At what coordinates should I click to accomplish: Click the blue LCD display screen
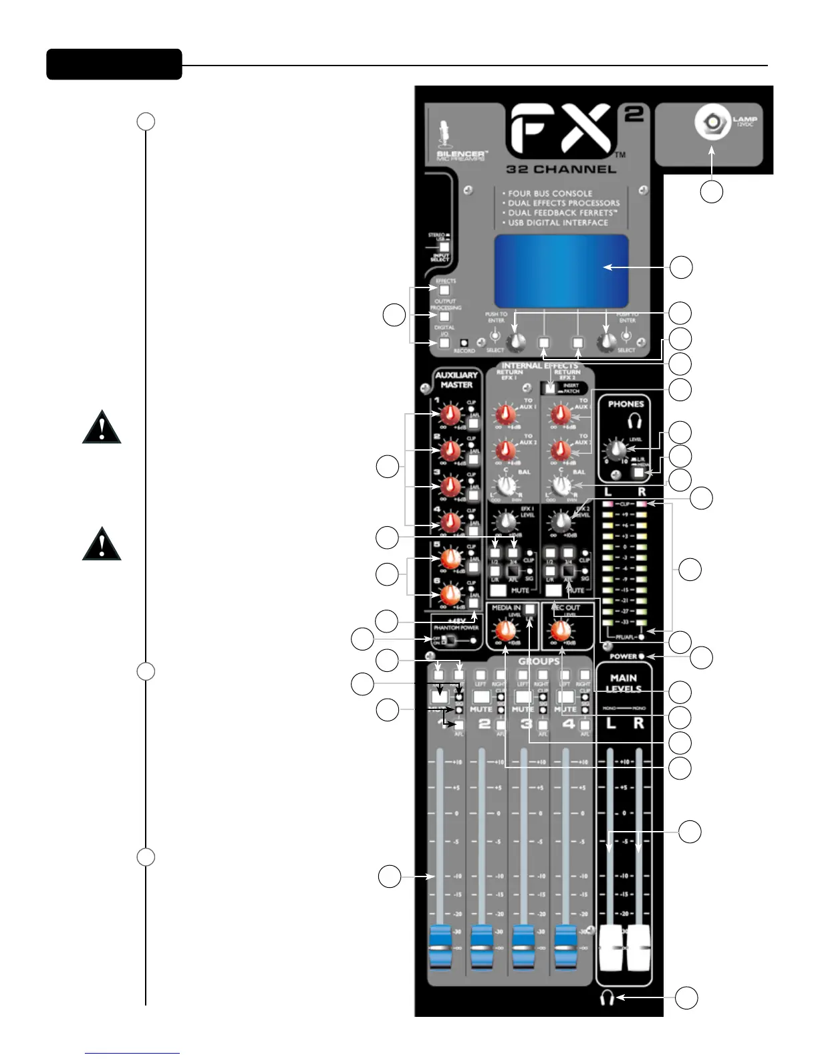coord(561,271)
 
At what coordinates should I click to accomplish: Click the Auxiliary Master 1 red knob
coord(452,414)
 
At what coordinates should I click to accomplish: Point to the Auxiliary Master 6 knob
coord(452,593)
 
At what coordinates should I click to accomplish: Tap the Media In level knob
coord(506,630)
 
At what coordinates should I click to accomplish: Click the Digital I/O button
coord(444,344)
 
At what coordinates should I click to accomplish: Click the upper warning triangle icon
coord(102,427)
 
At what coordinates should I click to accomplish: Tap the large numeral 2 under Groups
coord(484,724)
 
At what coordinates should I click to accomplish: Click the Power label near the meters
coord(623,657)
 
